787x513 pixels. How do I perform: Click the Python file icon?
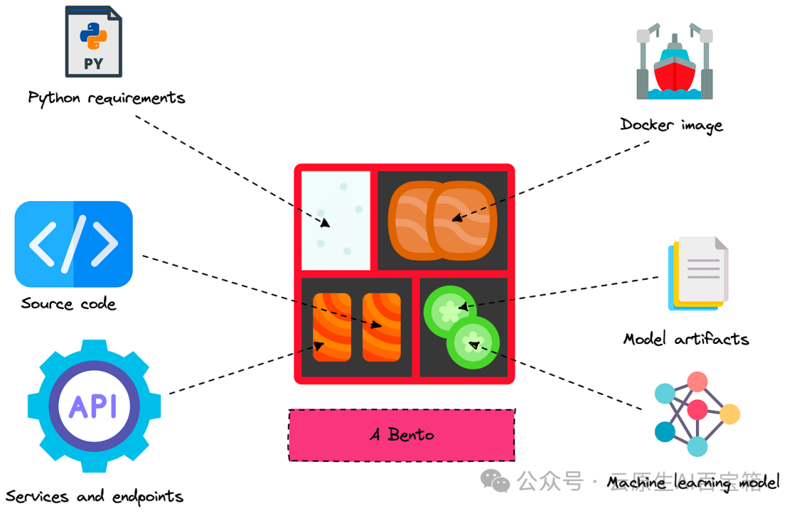[93, 42]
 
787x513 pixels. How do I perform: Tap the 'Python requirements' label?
[106, 98]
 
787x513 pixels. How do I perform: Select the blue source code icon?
[74, 244]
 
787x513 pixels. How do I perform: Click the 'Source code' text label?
[68, 304]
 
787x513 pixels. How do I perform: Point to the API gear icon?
[94, 407]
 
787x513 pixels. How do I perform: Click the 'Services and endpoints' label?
[94, 497]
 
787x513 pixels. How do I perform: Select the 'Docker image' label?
[671, 125]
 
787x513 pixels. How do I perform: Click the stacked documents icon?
[697, 273]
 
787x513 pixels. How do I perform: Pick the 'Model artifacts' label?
[686, 339]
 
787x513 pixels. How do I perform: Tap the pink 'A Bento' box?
[402, 435]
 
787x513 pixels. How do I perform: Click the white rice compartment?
[336, 220]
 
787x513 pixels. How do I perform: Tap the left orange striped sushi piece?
[332, 327]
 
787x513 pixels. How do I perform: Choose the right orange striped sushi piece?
[382, 327]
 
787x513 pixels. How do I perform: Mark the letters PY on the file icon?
[93, 63]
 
